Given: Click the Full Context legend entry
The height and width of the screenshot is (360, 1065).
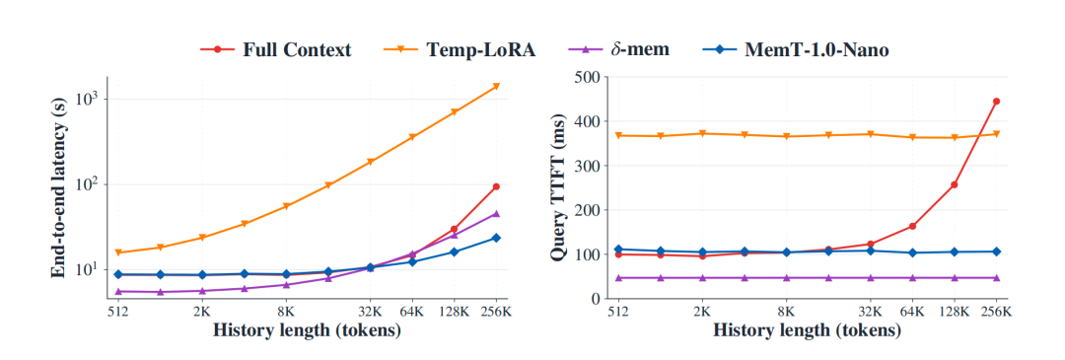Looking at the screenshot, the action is click(x=275, y=49).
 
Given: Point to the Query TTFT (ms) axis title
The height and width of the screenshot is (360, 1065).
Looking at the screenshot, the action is click(x=564, y=188).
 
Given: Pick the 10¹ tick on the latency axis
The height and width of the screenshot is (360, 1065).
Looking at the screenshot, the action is click(x=86, y=268).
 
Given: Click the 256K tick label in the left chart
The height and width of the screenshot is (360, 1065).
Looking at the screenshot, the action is click(x=496, y=312).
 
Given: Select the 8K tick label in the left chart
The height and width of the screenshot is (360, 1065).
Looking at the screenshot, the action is click(x=286, y=312).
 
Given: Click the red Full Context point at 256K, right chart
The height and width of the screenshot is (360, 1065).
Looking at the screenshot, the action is click(x=996, y=102).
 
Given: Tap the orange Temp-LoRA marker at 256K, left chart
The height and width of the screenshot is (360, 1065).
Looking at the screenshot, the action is click(x=496, y=86).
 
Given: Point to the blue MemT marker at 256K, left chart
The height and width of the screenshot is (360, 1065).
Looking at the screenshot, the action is click(x=496, y=238).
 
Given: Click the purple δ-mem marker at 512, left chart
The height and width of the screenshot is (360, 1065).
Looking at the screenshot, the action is click(x=118, y=291).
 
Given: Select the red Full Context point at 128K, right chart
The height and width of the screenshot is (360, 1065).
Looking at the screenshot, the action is click(x=955, y=184).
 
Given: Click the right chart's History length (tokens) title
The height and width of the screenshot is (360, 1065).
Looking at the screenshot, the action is click(x=807, y=331).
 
